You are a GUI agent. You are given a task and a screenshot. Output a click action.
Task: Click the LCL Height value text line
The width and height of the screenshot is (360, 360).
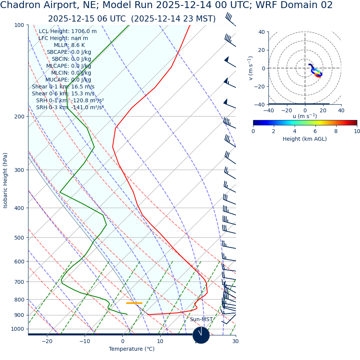point(68,32)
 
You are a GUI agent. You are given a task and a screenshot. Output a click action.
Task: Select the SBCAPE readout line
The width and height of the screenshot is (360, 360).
point(69,52)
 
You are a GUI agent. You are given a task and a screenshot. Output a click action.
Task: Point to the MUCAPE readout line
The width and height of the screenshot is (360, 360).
point(68,80)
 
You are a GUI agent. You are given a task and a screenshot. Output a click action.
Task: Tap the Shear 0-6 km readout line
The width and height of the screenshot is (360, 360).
point(63,94)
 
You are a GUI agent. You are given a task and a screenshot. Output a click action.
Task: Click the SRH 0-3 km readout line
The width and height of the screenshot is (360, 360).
point(70,108)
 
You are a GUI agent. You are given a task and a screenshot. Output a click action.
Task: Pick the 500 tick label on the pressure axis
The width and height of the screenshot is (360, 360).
point(19,238)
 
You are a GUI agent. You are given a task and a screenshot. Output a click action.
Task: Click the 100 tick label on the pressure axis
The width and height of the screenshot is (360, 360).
point(19,25)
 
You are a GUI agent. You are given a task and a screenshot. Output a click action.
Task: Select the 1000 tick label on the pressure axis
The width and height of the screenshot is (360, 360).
point(17,329)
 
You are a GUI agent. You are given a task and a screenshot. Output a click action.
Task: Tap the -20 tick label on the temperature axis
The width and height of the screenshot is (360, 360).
point(47,341)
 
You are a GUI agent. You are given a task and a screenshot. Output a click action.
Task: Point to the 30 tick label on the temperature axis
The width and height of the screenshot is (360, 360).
point(235,341)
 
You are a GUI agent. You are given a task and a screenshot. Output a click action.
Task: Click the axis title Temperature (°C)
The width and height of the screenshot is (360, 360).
point(132,349)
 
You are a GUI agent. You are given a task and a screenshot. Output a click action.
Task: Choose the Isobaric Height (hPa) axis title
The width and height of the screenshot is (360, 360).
point(5,180)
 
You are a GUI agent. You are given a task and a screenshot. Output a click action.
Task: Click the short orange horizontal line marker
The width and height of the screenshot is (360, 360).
point(134,303)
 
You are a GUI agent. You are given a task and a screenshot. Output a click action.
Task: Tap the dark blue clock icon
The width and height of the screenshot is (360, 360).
point(201,335)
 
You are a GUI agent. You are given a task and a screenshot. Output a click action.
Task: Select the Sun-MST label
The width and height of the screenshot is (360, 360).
point(201,320)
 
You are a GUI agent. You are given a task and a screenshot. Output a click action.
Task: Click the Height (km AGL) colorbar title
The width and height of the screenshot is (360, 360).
point(305,139)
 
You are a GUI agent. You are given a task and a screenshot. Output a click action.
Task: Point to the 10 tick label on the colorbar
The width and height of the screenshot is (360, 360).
point(357,131)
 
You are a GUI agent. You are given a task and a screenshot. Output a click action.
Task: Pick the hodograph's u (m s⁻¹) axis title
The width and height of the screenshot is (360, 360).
point(305,116)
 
